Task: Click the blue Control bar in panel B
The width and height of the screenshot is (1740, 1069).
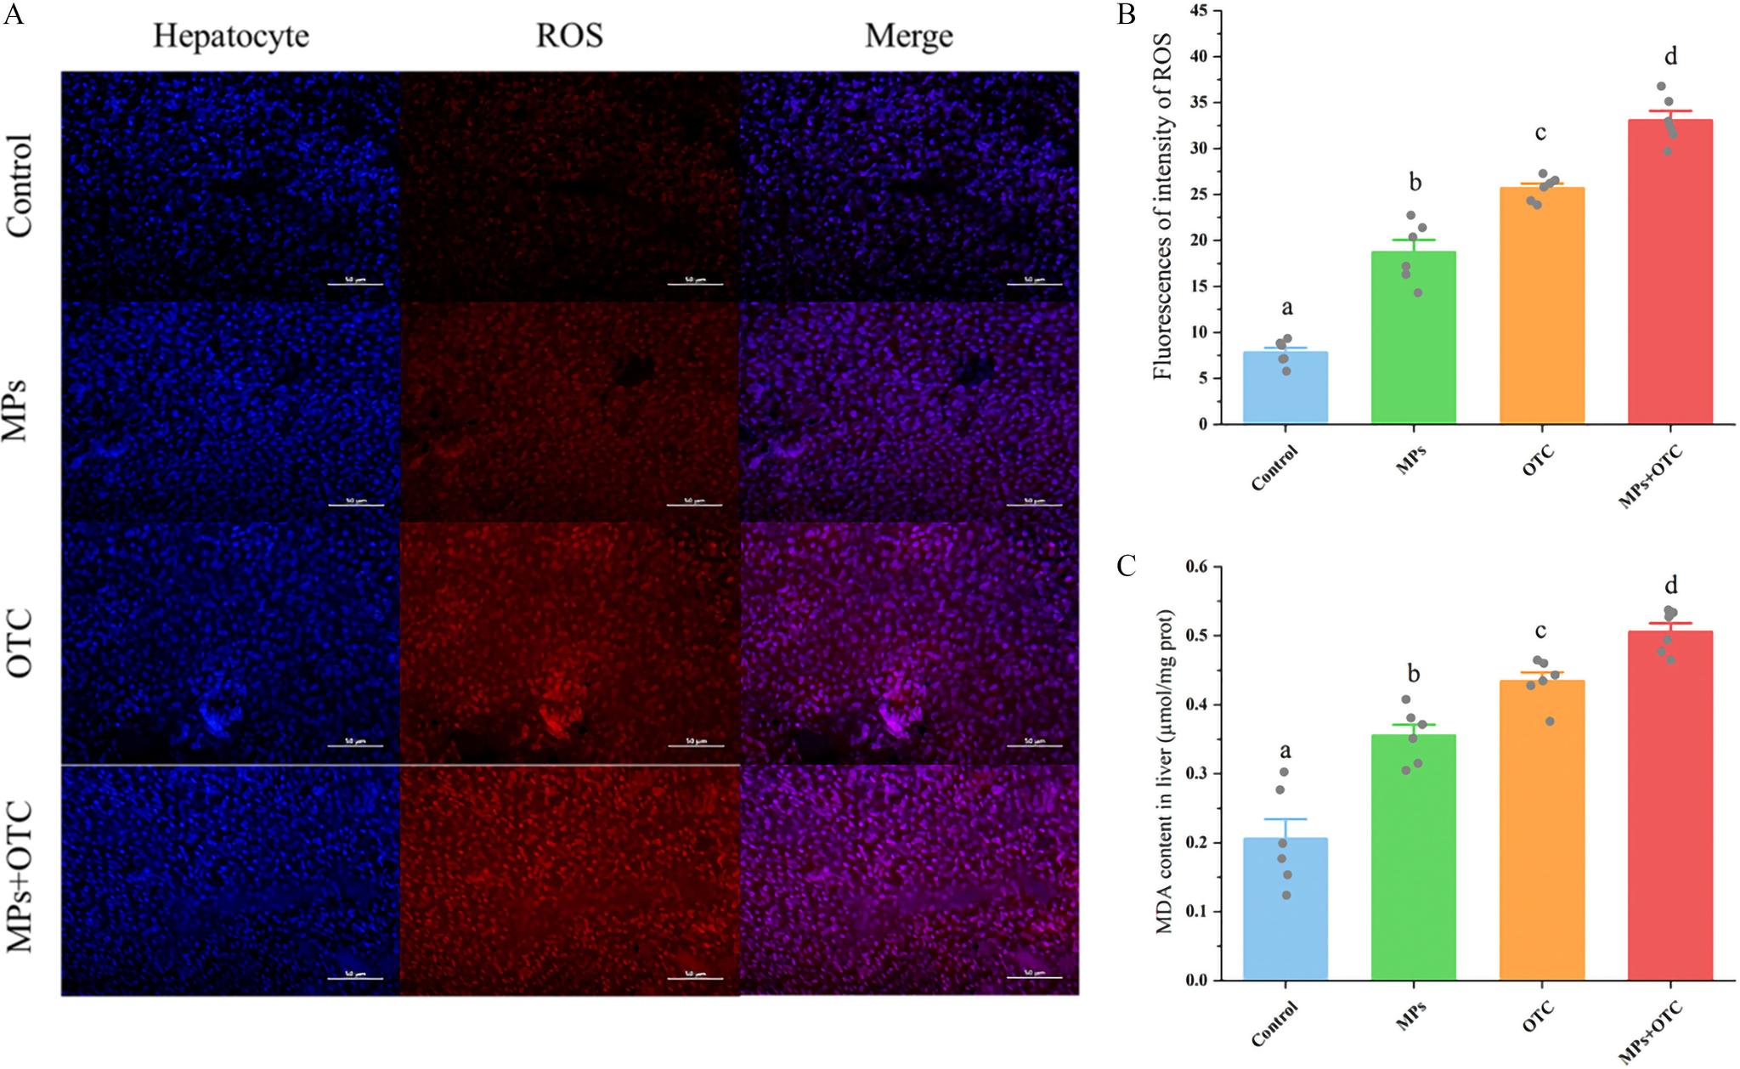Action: [x=1285, y=387]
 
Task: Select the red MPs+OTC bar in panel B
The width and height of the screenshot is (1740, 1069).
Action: [x=1669, y=272]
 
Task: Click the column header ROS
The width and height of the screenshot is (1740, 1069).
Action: [x=569, y=36]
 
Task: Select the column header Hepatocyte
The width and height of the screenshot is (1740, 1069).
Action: [x=231, y=36]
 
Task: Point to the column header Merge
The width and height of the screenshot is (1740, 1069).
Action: [x=908, y=36]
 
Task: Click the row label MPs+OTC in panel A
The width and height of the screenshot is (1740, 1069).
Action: [x=20, y=877]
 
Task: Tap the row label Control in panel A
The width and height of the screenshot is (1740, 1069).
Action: [x=20, y=185]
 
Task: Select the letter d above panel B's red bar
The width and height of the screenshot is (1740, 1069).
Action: [x=1670, y=57]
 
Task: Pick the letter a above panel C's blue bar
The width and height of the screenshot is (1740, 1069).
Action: [x=1285, y=751]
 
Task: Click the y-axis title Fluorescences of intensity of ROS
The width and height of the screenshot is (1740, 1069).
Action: [x=1162, y=206]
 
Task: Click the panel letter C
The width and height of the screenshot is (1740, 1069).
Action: [x=1127, y=566]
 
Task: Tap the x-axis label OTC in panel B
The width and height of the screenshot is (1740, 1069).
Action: [x=1539, y=460]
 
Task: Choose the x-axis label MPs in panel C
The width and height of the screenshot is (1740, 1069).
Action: [x=1411, y=1015]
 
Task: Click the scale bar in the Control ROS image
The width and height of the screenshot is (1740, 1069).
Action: [x=695, y=284]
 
